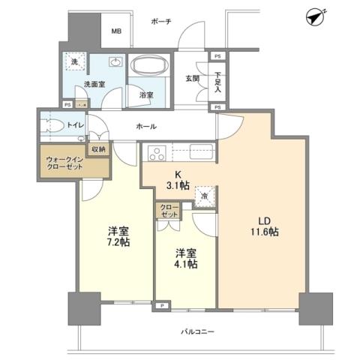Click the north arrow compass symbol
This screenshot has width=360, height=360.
pyautogui.click(x=316, y=16)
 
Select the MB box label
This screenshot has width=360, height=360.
pyautogui.click(x=116, y=31)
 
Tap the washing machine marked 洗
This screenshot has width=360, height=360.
pyautogui.click(x=74, y=62)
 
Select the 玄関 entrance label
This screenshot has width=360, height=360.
pyautogui.click(x=193, y=78)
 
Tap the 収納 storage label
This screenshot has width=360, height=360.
pyautogui.click(x=98, y=149)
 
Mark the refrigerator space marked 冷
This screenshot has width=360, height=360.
pyautogui.click(x=204, y=196)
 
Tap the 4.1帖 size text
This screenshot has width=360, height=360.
pyautogui.click(x=186, y=264)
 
